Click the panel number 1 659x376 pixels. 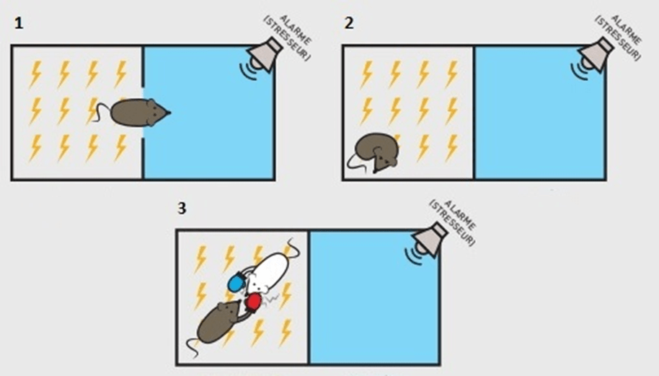point(19,24)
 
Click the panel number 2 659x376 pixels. point(349,24)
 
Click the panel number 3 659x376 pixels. point(182,208)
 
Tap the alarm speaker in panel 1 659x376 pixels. point(261,57)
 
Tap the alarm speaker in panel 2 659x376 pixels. point(592,57)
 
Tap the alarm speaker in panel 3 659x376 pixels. point(426,242)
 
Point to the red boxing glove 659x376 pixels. point(253,302)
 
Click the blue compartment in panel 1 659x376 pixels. point(209,113)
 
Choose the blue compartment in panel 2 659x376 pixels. point(539,113)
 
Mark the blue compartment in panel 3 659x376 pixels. point(374,297)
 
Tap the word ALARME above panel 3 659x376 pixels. point(459,214)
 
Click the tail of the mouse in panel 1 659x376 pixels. point(101,113)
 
